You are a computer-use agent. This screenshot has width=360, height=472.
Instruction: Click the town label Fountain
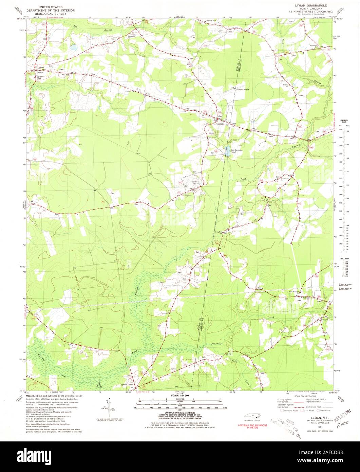tap(220, 124)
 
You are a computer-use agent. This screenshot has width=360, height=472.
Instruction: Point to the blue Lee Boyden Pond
tap(226, 152)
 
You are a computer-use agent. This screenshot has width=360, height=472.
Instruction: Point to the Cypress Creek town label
tap(127, 385)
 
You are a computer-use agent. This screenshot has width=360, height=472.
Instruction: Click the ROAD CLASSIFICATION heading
tap(291, 396)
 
